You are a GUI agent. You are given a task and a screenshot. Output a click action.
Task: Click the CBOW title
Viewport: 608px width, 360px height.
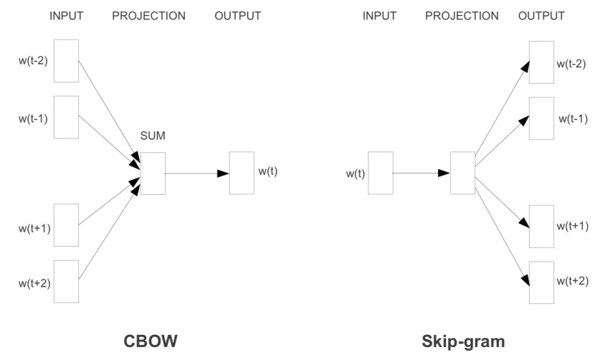[151, 341]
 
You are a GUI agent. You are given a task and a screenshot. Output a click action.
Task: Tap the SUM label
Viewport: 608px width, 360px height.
[153, 136]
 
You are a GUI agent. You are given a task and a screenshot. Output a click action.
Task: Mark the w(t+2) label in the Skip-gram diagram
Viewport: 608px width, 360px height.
[572, 281]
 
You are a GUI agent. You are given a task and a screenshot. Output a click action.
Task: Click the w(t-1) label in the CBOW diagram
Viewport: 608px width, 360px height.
[33, 119]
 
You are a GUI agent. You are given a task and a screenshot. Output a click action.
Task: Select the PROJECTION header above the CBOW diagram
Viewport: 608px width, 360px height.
[148, 16]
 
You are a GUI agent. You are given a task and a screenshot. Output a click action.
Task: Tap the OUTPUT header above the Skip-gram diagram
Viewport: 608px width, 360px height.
[541, 16]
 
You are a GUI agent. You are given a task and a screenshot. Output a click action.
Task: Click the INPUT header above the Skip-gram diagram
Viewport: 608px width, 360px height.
[379, 16]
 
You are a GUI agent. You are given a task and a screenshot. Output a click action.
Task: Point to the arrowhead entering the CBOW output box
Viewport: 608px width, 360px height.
[223, 174]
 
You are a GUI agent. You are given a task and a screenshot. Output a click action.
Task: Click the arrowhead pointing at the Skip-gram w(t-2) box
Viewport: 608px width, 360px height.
[525, 67]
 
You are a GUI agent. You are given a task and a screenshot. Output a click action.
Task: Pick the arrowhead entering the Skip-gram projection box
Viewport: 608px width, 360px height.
[444, 173]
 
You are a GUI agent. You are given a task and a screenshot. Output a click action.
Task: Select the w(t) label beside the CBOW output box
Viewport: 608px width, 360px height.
[268, 171]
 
